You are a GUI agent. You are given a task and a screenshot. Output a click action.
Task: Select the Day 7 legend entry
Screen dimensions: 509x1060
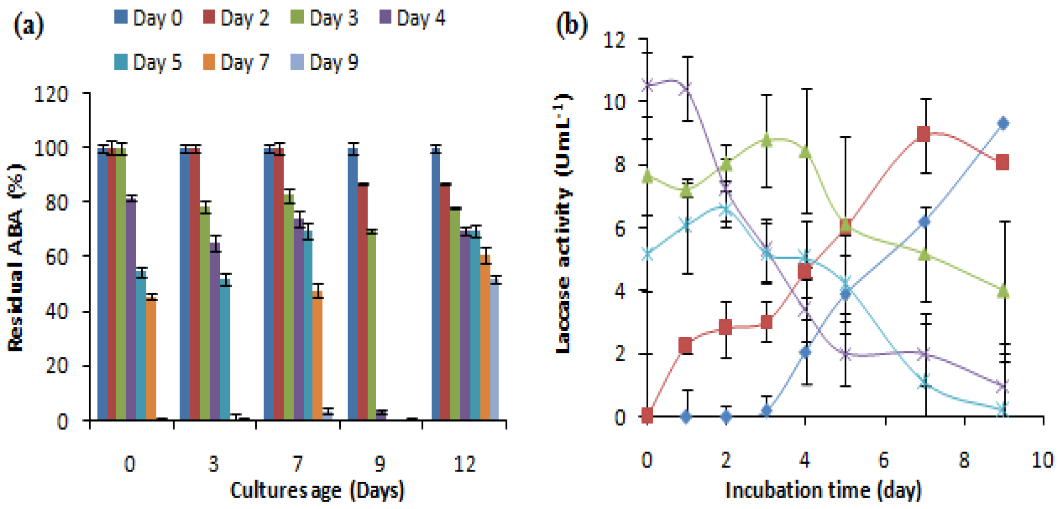pos(236,62)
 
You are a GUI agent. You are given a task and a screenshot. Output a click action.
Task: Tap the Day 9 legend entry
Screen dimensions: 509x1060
pos(325,62)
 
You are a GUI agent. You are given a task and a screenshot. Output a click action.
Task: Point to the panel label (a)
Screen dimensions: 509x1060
pos(29,25)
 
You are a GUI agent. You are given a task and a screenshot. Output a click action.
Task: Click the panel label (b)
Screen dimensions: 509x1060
pos(572,24)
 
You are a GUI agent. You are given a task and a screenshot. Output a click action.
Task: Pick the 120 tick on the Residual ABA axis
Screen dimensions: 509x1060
pos(51,95)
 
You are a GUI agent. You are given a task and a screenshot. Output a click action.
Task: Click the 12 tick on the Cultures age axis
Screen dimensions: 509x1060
pos(464,463)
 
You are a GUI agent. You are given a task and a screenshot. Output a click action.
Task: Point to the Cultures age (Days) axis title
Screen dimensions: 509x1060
pos(317,491)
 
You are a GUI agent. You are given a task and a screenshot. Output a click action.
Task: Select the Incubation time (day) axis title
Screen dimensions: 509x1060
pos(824,491)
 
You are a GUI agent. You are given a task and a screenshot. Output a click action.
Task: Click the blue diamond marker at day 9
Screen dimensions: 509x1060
pos(1002,124)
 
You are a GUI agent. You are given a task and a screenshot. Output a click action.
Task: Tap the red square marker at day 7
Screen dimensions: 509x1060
pos(923,134)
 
